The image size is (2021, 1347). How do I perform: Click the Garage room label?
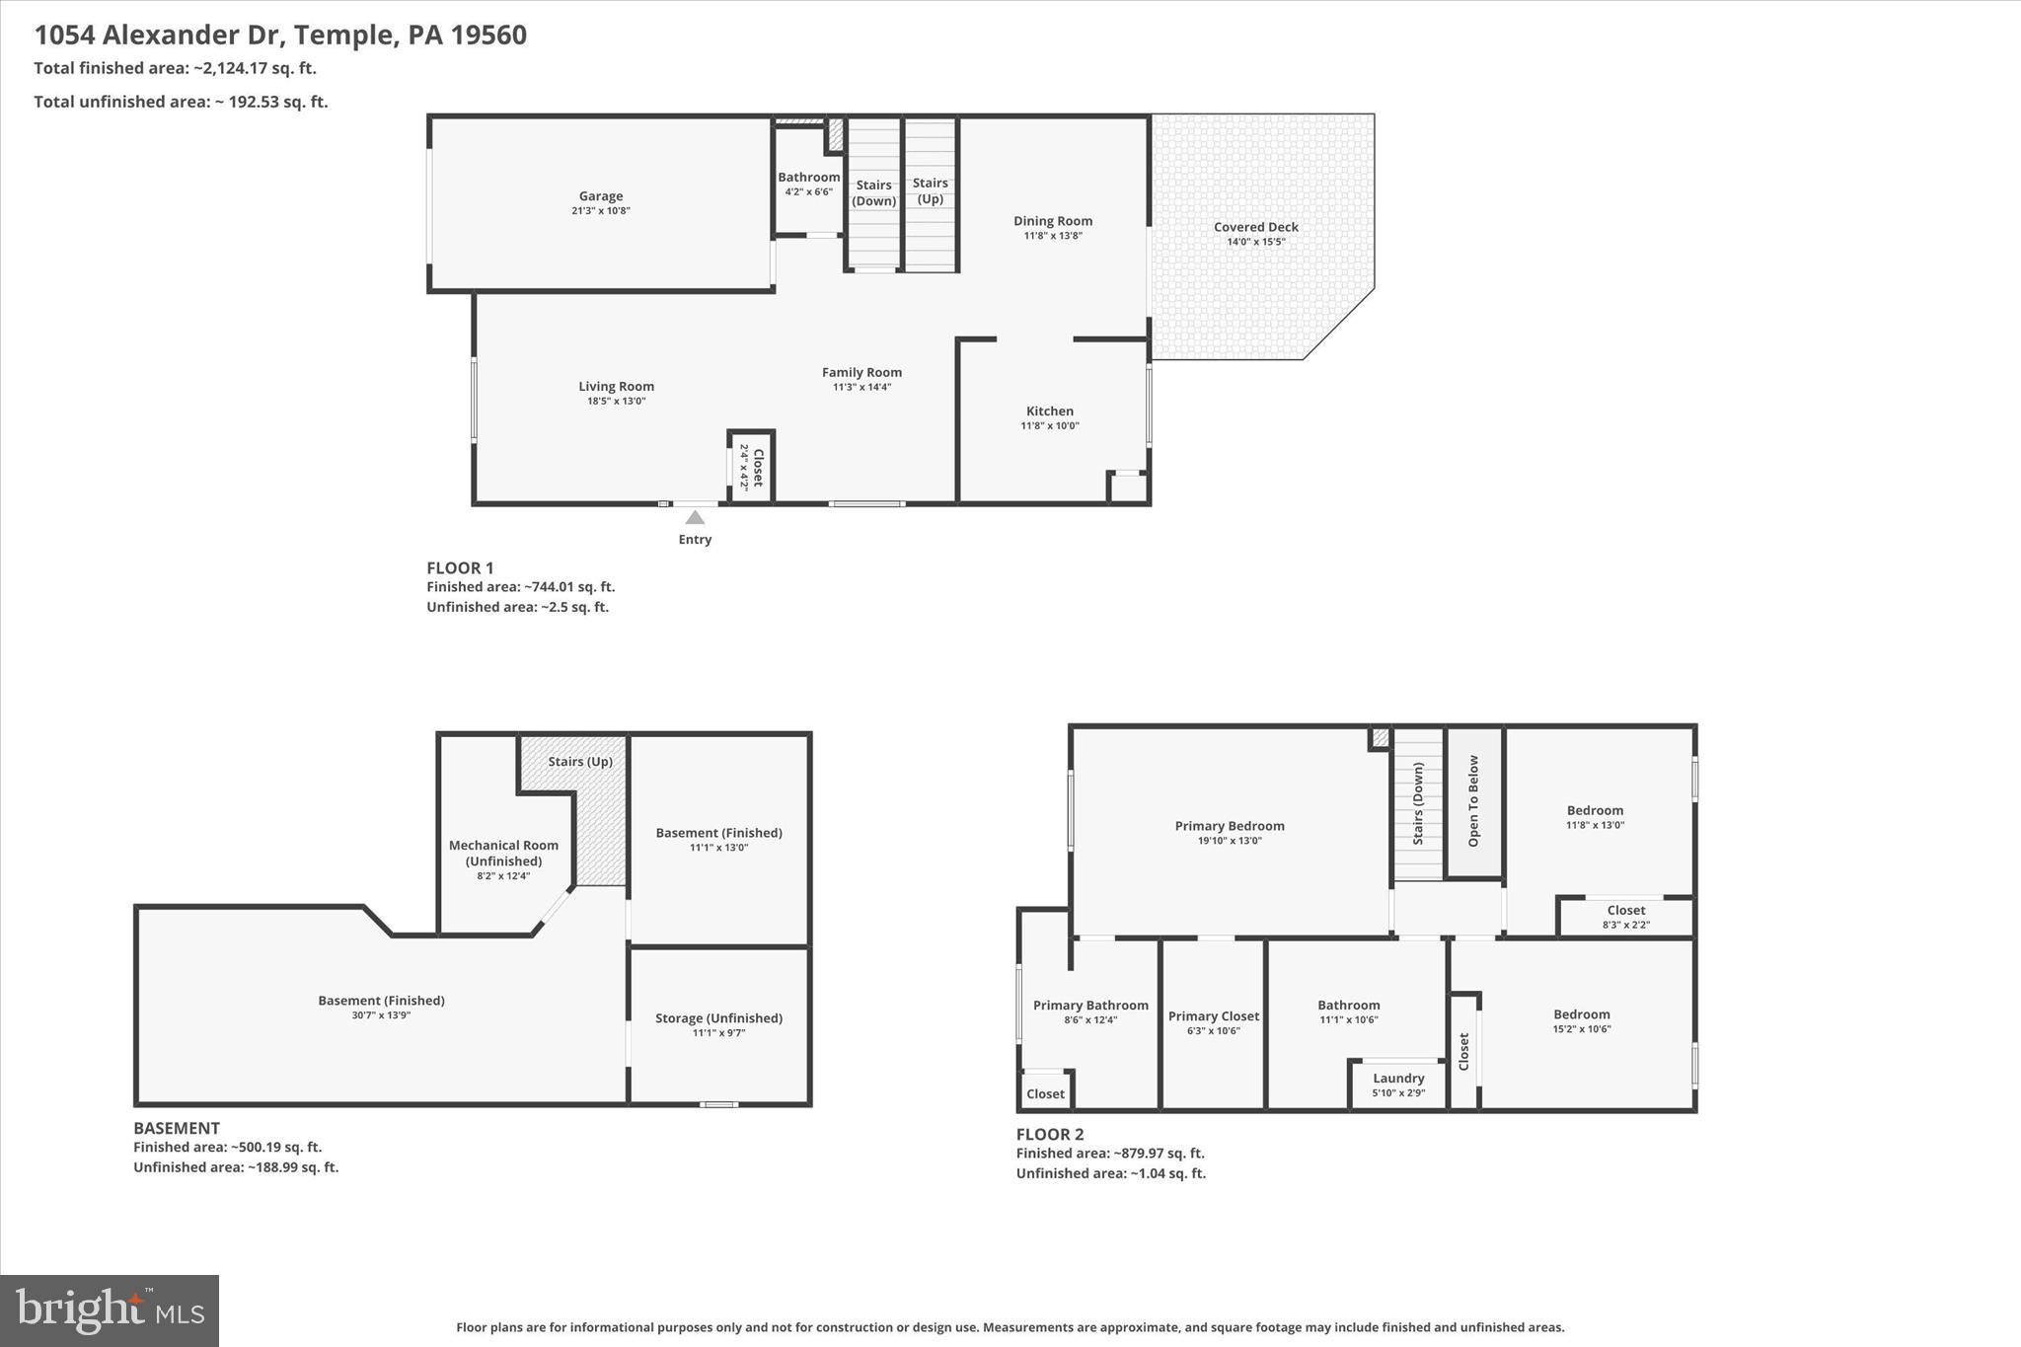[600, 196]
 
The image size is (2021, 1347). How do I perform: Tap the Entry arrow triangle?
[695, 517]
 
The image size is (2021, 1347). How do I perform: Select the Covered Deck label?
[1255, 227]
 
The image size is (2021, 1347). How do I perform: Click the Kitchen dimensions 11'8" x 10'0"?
[1049, 426]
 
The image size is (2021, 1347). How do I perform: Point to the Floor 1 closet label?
[758, 467]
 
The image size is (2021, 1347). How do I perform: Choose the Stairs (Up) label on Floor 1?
[930, 190]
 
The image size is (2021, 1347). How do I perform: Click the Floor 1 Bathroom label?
[808, 178]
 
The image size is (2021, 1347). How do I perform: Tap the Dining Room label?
[1052, 221]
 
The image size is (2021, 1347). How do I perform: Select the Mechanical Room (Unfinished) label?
[503, 853]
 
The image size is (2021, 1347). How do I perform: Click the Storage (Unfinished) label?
[718, 1018]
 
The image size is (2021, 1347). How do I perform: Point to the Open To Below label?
[1473, 801]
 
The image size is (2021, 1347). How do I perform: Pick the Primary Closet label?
[1213, 1016]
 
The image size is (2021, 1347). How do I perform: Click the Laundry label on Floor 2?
[1397, 1079]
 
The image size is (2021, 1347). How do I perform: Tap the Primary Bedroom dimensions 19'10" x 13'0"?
[1230, 841]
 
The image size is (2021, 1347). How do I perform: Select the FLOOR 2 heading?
[1050, 1135]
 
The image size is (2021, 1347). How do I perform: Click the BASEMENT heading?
[177, 1128]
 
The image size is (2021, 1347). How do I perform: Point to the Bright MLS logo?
[110, 1310]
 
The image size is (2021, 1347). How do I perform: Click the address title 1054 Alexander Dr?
[280, 36]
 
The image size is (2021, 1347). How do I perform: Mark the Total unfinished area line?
[181, 102]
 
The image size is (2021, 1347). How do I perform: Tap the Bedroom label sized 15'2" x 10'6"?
[1581, 1014]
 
